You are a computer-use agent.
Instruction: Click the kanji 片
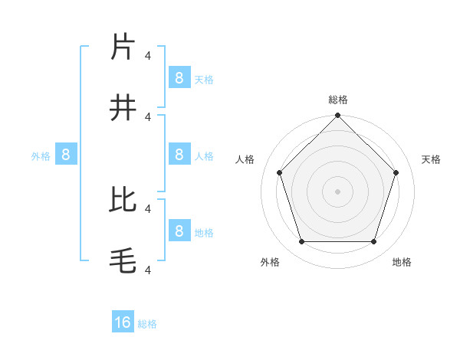click(123, 47)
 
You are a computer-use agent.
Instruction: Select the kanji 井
click(123, 108)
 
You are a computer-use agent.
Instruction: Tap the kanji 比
click(123, 199)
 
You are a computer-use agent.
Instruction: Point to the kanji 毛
click(123, 261)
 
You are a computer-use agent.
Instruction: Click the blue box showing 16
click(123, 322)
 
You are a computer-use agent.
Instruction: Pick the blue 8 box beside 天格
click(179, 77)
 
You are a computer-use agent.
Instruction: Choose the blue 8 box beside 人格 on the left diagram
click(179, 154)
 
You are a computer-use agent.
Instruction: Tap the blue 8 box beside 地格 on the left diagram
click(179, 231)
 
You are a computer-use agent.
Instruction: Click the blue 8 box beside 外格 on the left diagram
click(66, 155)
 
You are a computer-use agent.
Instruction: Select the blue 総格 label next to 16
click(147, 324)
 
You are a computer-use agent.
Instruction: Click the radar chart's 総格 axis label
click(338, 100)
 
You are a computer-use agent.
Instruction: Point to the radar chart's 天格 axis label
click(432, 159)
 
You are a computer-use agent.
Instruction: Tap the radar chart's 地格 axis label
click(402, 262)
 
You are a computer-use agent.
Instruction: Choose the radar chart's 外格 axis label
click(270, 262)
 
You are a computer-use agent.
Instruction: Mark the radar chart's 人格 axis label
click(245, 159)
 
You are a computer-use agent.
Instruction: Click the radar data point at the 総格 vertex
click(338, 116)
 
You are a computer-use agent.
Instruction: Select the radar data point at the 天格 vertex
click(396, 172)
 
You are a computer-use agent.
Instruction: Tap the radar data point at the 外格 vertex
click(301, 242)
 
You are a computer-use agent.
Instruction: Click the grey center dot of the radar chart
click(338, 191)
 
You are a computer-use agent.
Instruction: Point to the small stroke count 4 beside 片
click(148, 55)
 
